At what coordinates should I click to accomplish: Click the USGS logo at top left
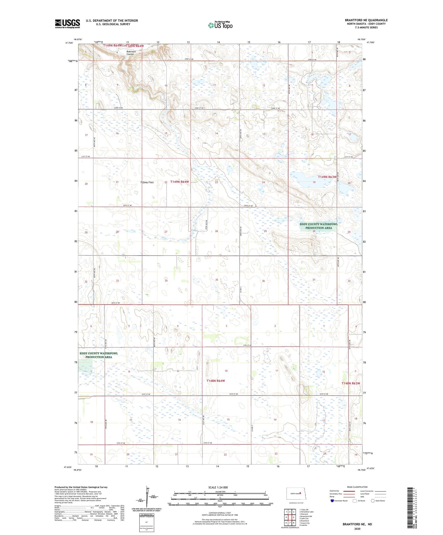67,24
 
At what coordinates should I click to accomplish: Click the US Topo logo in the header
220,25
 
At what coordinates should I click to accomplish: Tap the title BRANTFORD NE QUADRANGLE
366,20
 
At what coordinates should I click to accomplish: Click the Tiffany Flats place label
147,182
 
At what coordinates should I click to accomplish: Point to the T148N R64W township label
216,381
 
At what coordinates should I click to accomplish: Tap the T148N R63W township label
351,383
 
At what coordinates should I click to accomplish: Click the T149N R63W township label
327,177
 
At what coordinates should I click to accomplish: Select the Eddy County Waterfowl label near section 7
99,355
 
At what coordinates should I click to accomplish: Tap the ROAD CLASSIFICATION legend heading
357,487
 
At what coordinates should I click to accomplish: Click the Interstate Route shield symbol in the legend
333,500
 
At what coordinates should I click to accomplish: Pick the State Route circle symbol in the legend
373,500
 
